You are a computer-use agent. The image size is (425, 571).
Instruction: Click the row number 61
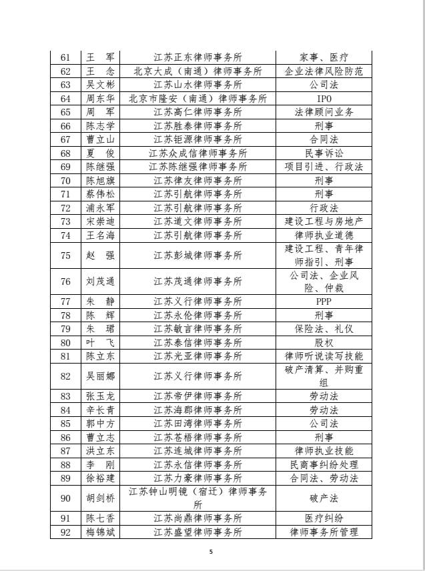pos(65,57)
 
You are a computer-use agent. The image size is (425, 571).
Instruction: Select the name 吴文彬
pos(101,85)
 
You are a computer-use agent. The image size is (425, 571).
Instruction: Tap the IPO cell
pos(324,98)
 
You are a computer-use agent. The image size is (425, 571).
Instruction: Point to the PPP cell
pos(324,301)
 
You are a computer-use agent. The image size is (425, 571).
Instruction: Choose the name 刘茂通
pos(101,281)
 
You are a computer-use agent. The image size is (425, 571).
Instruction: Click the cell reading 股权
pos(324,342)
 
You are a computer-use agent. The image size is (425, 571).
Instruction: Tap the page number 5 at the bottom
pos(211,552)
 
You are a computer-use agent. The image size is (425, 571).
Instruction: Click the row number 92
pos(65,532)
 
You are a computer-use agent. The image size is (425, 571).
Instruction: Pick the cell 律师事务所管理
pos(324,532)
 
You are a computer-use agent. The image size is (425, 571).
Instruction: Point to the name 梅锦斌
pos(101,532)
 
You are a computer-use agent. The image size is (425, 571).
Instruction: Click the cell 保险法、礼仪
pos(324,328)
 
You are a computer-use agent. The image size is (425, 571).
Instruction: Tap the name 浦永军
pos(101,207)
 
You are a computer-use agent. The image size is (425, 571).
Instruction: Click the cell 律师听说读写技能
pos(324,356)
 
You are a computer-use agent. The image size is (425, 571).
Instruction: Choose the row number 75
pos(65,255)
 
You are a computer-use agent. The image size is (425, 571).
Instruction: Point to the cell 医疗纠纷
pos(324,518)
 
